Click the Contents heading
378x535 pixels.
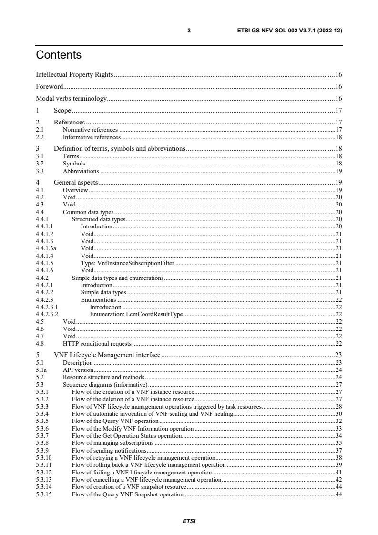[59, 55]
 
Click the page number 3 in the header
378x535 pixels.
[189, 31]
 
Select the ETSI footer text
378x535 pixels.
[189, 521]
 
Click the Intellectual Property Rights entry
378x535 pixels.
[75, 74]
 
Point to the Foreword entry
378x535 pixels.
[50, 87]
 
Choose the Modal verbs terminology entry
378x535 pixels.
[72, 99]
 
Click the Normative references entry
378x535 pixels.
[90, 129]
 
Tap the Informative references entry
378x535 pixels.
[92, 137]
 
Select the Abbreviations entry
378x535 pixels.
[81, 171]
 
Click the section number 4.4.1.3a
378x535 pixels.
[46, 248]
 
